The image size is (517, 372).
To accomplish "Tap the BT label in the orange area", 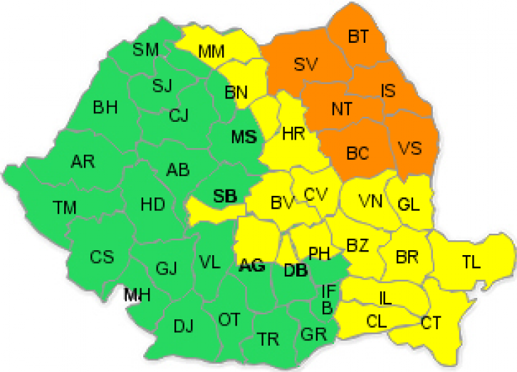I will click(358, 36).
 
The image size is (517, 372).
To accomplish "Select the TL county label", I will click(471, 261).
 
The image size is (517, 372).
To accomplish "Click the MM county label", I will click(211, 51).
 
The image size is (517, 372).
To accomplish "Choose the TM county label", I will click(64, 207).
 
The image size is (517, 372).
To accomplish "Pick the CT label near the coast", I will click(430, 322).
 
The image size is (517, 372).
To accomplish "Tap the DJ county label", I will click(184, 327).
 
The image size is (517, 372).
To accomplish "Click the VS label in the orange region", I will click(409, 148).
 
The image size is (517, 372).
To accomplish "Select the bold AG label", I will click(252, 267).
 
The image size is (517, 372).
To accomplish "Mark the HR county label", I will click(293, 133).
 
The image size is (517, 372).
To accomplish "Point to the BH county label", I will click(105, 108).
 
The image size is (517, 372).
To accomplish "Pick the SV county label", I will click(305, 65).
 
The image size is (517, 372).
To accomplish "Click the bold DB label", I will click(295, 271).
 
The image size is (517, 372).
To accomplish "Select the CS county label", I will click(102, 257).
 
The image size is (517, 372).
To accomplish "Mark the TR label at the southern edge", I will click(268, 339).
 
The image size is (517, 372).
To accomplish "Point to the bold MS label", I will click(243, 138).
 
